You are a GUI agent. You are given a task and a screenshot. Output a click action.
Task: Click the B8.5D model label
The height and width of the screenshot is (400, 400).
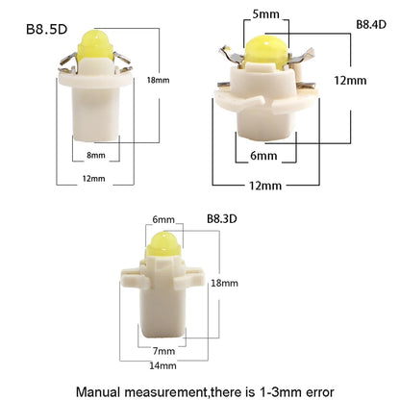[47, 29]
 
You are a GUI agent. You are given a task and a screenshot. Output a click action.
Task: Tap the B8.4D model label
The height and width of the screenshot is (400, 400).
[371, 24]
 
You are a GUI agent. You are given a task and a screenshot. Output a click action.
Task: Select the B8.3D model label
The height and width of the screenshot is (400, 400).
[222, 219]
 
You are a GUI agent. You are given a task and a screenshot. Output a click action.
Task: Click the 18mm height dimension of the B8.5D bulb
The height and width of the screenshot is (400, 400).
[158, 80]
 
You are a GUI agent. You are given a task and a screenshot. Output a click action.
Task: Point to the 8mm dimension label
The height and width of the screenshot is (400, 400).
[96, 155]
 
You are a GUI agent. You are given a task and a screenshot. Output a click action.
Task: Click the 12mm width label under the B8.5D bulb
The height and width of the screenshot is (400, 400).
[93, 179]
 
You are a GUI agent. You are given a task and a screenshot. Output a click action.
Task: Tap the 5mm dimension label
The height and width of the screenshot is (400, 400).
[265, 14]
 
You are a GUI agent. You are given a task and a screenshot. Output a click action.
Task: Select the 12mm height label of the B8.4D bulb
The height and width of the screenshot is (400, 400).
[350, 80]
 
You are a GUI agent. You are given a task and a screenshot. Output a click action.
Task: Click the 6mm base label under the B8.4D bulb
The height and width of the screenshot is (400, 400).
[263, 156]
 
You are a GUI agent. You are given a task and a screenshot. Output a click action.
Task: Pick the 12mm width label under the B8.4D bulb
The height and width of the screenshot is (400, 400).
[265, 186]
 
